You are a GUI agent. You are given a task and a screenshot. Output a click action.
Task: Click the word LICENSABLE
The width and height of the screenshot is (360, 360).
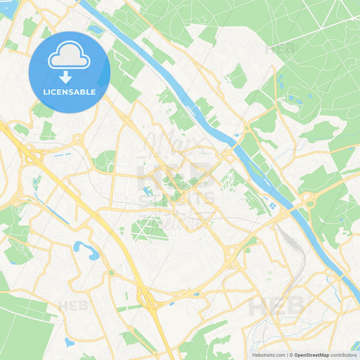pos(70,92)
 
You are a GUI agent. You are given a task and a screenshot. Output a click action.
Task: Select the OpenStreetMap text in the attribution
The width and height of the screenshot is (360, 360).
pos(312,355)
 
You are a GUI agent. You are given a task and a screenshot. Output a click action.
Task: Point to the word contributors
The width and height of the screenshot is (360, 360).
pos(344,355)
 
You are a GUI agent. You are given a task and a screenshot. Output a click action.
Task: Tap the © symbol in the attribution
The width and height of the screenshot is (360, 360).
pos(291,355)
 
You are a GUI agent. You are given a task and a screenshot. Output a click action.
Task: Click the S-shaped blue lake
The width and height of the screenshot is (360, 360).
pos(86,251)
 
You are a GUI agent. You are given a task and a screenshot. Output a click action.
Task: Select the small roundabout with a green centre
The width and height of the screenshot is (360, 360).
pos(111,272)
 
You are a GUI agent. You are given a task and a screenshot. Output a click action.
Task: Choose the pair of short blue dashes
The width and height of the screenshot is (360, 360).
pos(63,155)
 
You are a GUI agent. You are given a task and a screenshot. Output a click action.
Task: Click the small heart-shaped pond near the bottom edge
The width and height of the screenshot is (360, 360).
pos(69,342)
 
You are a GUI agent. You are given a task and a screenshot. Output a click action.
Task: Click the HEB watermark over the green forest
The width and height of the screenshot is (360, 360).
pos(282,49)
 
